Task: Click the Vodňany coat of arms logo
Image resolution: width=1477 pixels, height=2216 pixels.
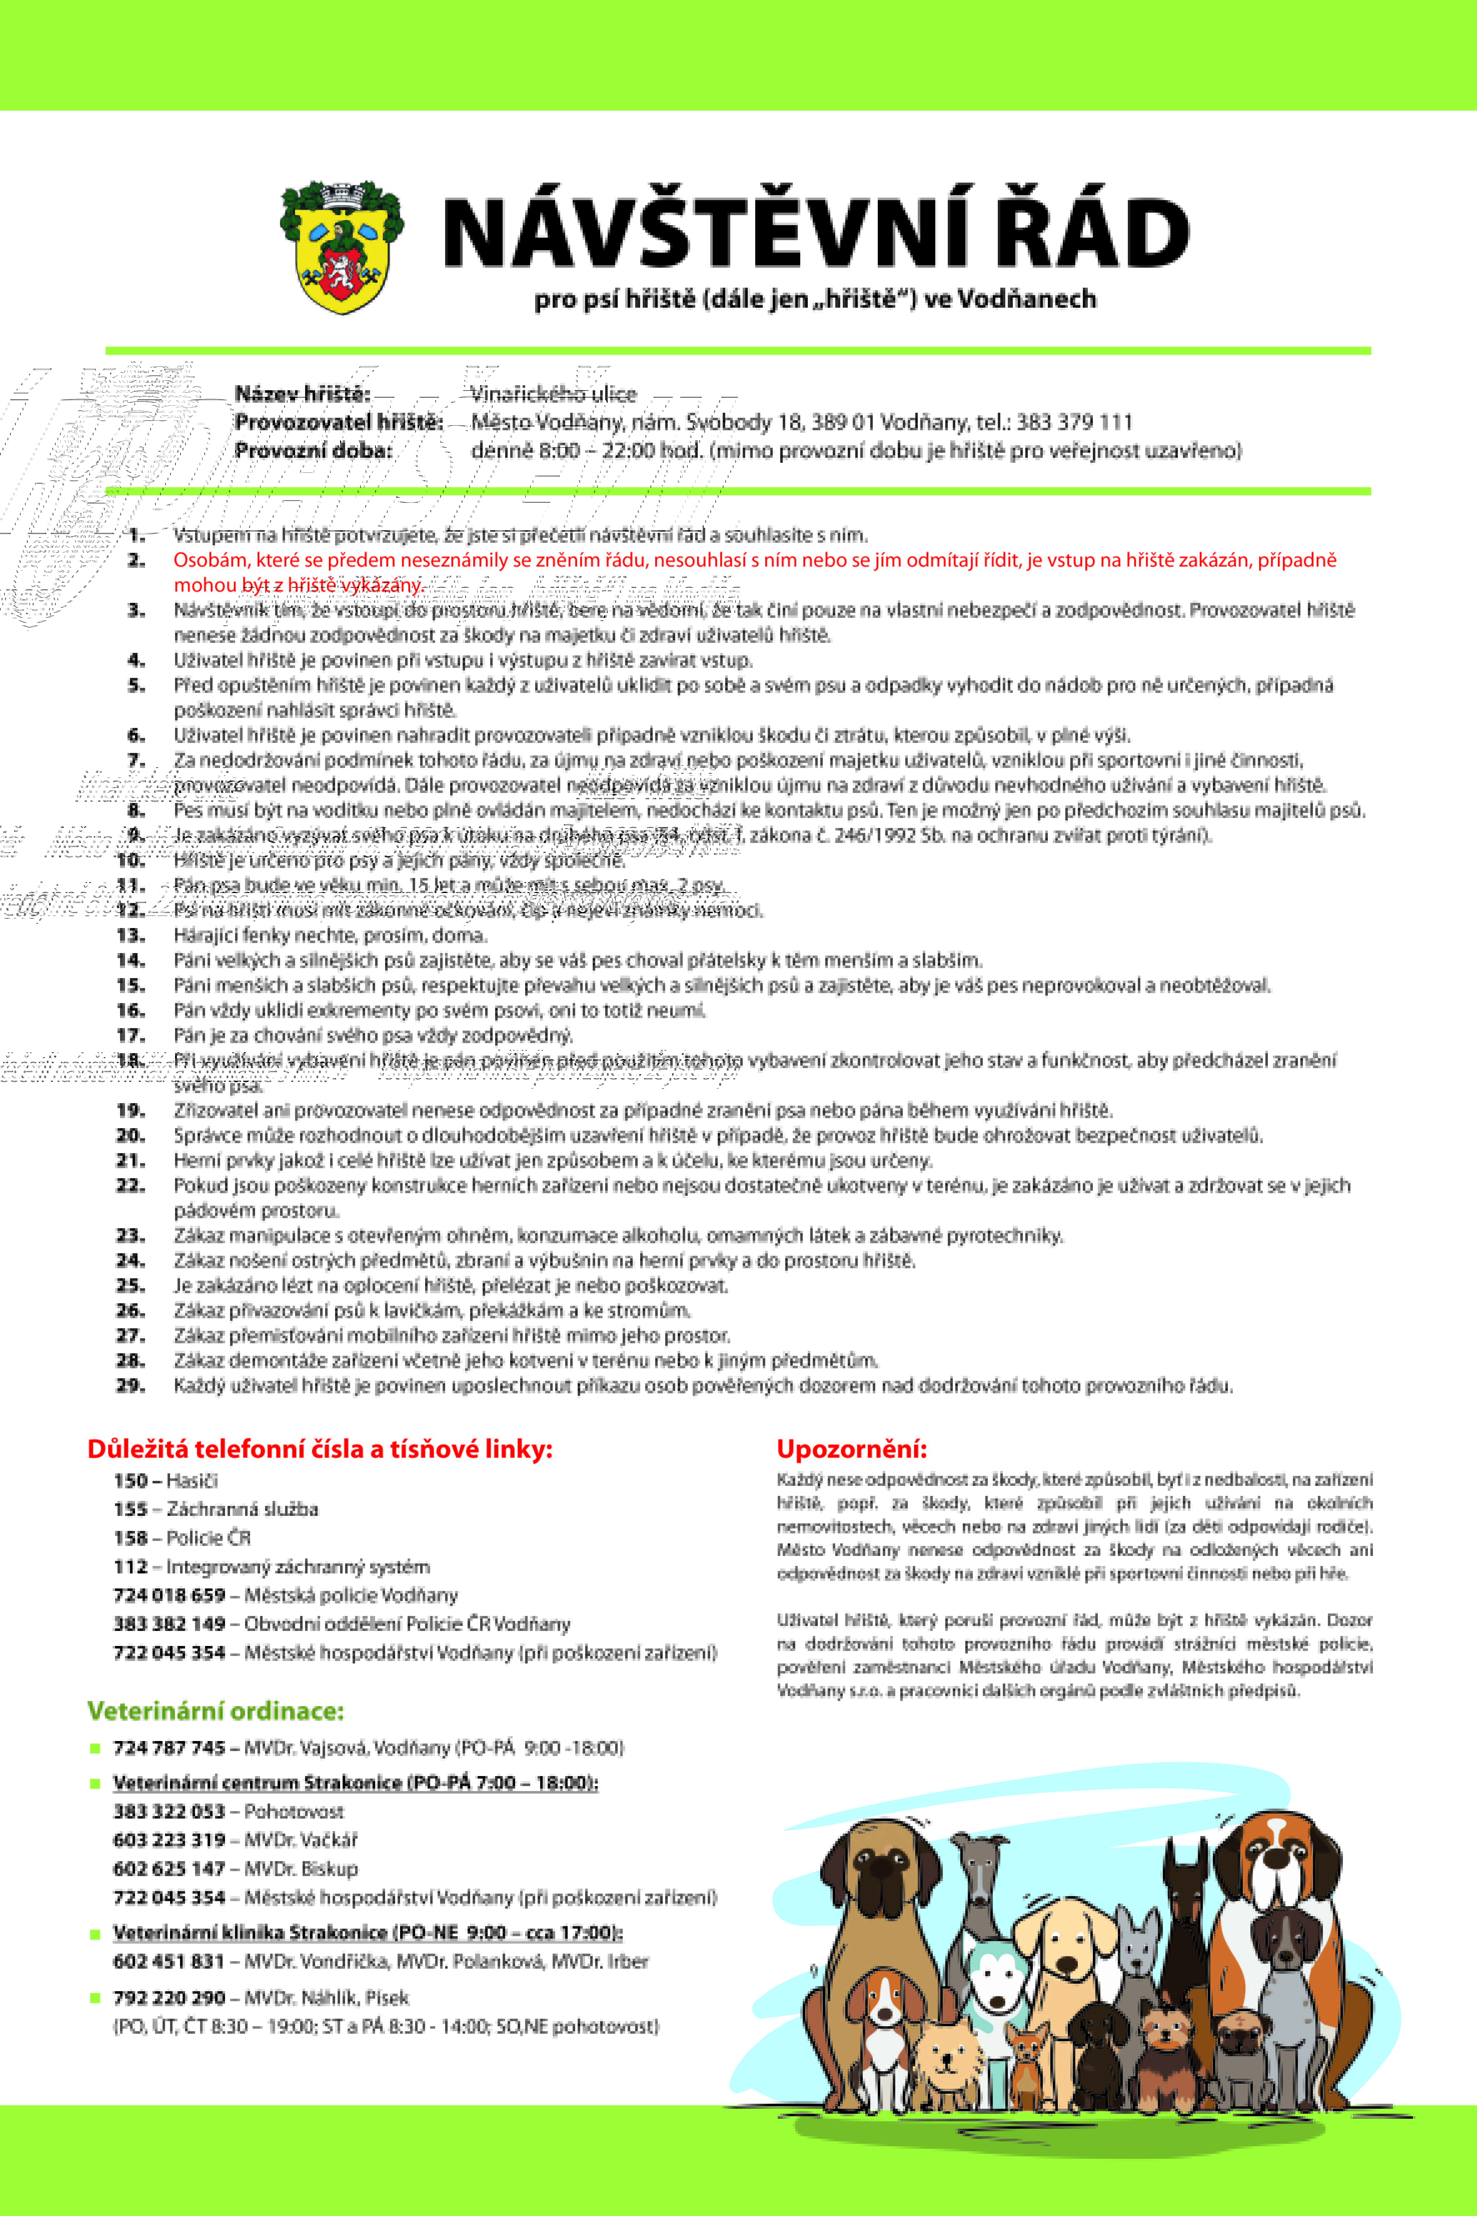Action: click(342, 247)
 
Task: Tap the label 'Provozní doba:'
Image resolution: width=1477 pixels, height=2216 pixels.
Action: click(313, 450)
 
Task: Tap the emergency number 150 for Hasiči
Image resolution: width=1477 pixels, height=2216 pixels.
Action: click(130, 1480)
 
